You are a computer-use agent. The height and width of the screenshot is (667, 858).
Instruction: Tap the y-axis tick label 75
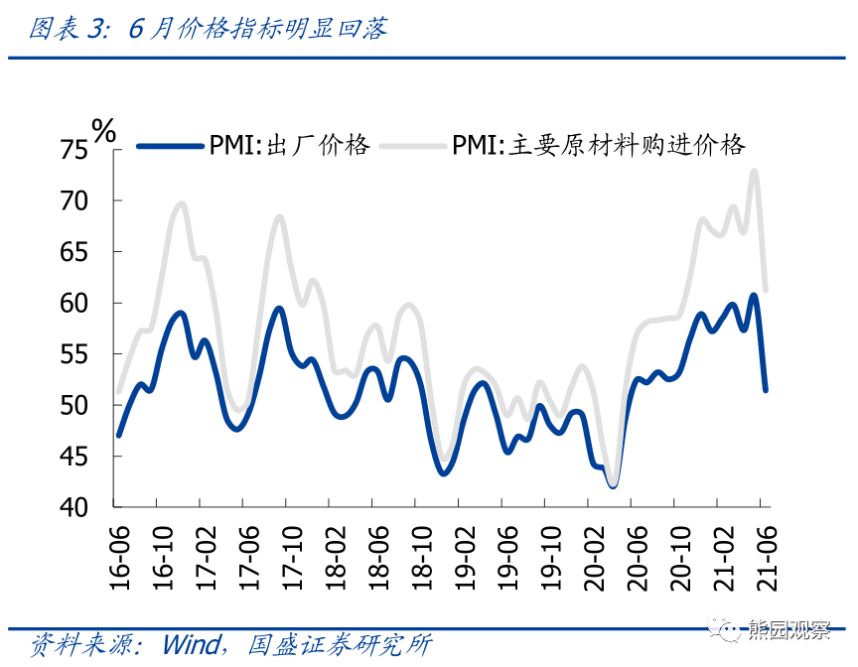[x=74, y=151]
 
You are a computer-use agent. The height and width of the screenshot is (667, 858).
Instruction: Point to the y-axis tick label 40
[x=74, y=507]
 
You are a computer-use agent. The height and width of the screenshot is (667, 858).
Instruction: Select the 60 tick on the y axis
[x=74, y=304]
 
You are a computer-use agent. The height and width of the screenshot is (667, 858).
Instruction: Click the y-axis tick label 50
[x=74, y=406]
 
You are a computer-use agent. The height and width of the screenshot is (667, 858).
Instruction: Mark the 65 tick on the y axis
[x=74, y=252]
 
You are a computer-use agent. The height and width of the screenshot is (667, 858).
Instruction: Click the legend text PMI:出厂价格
[x=289, y=146]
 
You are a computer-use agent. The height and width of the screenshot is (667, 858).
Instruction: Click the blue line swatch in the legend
[x=169, y=146]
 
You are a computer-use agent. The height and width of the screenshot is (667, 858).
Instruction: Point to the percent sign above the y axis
[x=103, y=128]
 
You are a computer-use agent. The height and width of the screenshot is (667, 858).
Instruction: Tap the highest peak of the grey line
[x=754, y=171]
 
